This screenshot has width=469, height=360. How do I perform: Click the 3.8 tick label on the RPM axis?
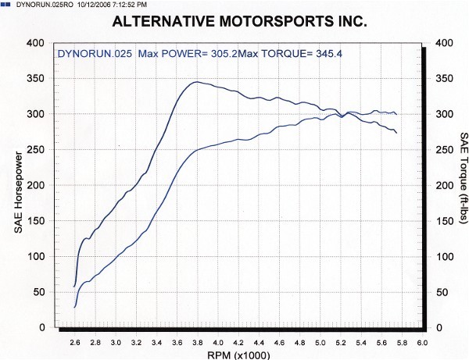198,341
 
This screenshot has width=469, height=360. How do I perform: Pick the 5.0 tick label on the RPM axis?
320,341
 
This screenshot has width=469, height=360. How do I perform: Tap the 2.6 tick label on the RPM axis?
74,341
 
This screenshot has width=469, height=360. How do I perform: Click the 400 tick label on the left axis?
37,43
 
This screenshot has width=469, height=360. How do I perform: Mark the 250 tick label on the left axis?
37,150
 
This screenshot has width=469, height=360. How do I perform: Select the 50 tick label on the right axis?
444,292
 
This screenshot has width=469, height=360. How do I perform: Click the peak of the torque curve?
197,81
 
